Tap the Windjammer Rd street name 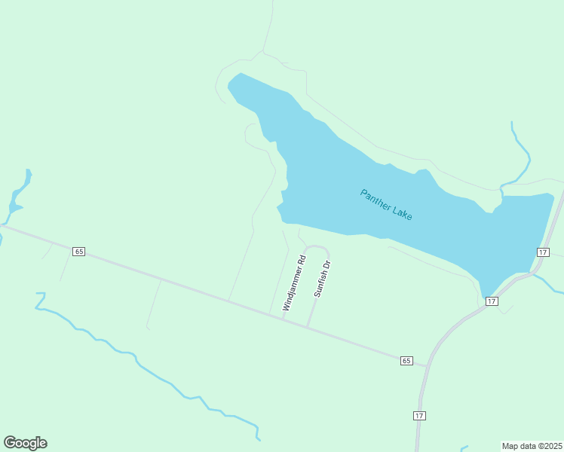click(x=294, y=283)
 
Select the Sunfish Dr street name click(x=323, y=279)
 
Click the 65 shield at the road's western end click(x=78, y=251)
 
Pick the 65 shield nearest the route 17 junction click(x=406, y=361)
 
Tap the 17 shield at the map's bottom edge click(x=420, y=416)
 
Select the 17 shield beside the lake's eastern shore click(x=543, y=252)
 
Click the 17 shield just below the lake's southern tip click(x=492, y=301)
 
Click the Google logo click(x=25, y=443)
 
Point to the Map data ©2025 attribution click(x=532, y=446)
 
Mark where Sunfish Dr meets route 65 click(x=308, y=327)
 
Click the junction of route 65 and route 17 click(x=428, y=366)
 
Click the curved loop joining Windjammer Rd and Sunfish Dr click(x=317, y=247)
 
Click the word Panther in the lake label click(x=375, y=198)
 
